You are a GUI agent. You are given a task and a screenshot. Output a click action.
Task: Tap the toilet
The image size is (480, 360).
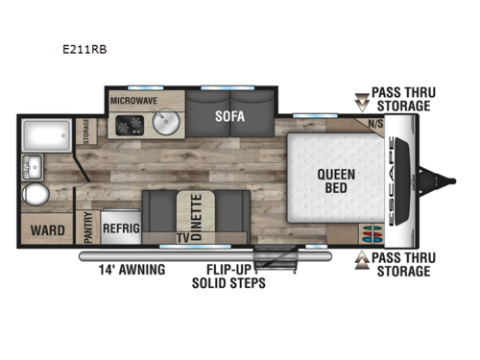(x=36, y=196)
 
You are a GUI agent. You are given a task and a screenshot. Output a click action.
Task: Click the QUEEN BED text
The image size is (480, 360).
(x=337, y=180)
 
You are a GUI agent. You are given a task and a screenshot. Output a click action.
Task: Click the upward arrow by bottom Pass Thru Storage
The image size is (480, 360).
(x=362, y=260)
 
